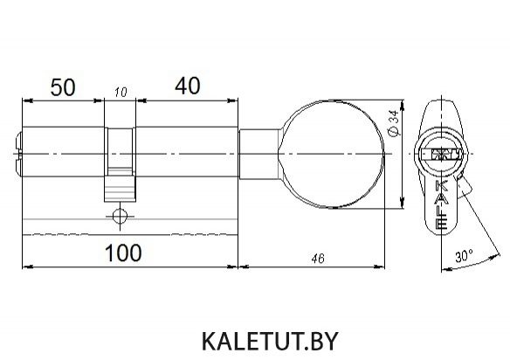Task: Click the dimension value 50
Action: pos(63,87)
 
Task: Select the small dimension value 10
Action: pos(121,93)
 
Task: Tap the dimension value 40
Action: pos(188,86)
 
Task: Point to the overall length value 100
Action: pos(123,253)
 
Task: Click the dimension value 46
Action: pos(318,259)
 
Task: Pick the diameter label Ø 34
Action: pos(394,124)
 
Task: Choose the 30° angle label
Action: pos(464,256)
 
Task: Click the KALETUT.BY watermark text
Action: pos(270,341)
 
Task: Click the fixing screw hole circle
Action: pos(120,216)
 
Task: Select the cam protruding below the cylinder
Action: pos(120,189)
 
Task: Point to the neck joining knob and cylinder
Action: pos(258,154)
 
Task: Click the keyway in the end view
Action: pos(442,154)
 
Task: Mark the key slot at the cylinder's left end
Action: pos(17,153)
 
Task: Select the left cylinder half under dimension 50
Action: pos(63,152)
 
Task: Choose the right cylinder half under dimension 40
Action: pos(187,152)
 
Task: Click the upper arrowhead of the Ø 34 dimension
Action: pos(403,106)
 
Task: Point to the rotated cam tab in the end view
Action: pos(465,186)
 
